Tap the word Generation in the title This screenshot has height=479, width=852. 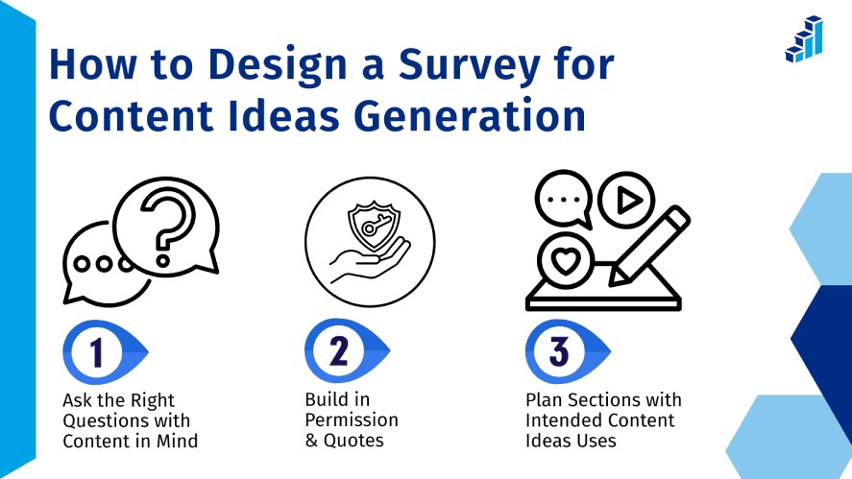[471, 115]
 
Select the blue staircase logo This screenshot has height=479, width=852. [804, 38]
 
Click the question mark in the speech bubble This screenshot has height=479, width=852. [166, 228]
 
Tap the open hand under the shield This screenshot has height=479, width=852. [370, 262]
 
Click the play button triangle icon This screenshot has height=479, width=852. [629, 200]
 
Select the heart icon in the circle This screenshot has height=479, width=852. [565, 261]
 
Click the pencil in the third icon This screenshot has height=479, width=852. [650, 246]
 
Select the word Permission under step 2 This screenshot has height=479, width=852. [352, 419]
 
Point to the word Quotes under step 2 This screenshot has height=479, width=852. [353, 441]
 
